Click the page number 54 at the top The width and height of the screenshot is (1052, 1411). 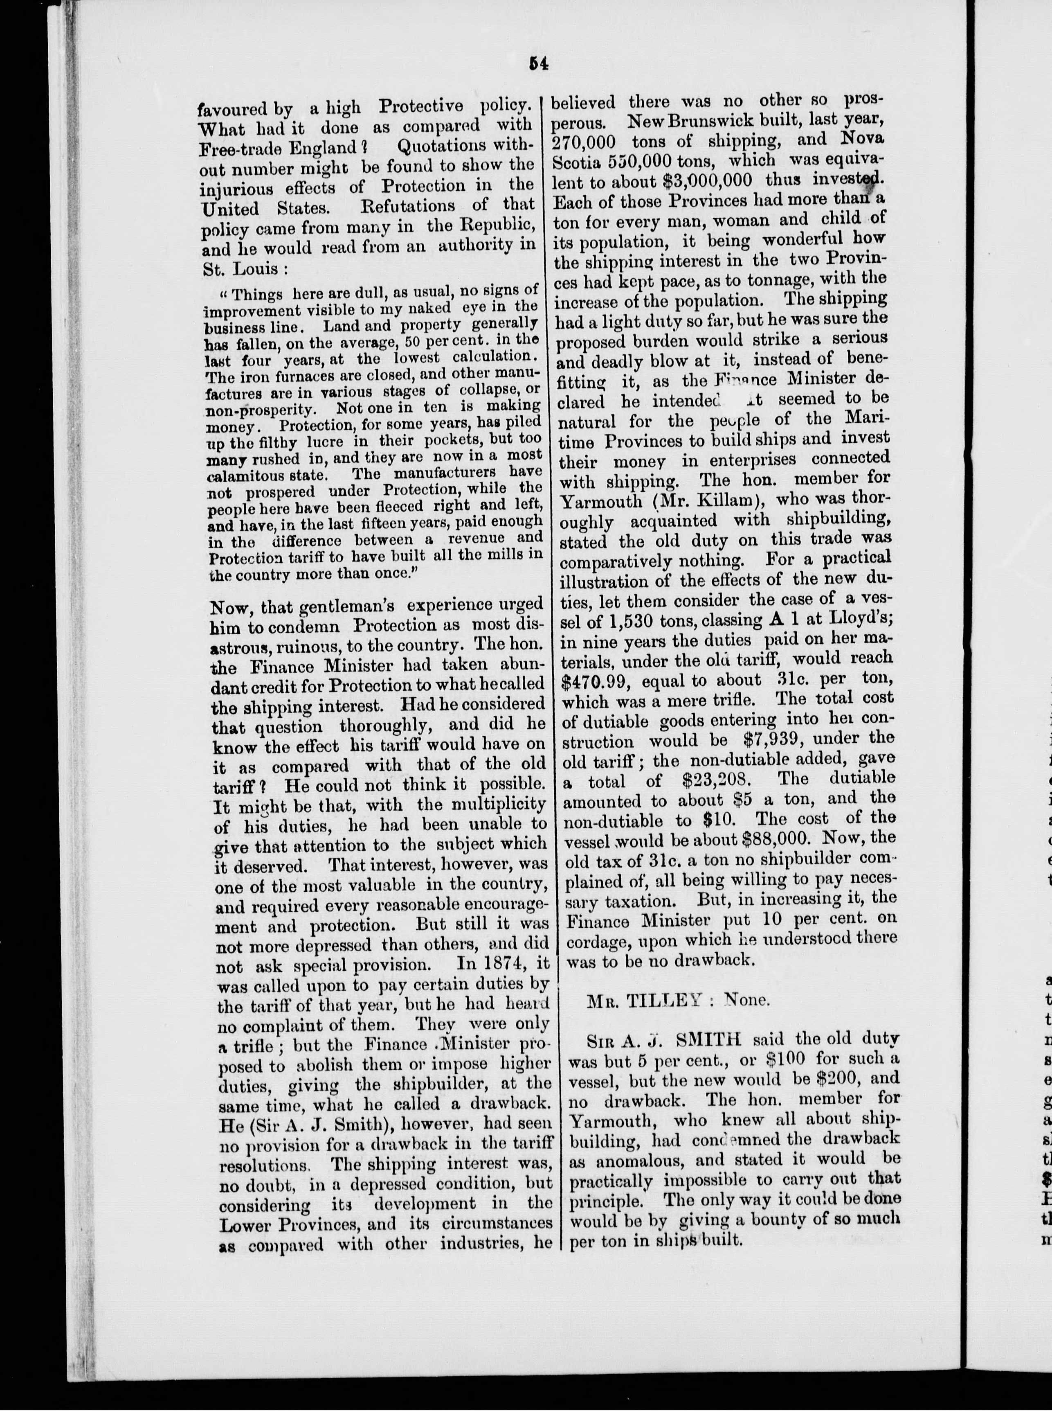[x=538, y=64]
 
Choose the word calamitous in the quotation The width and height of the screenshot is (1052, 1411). [x=239, y=475]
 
